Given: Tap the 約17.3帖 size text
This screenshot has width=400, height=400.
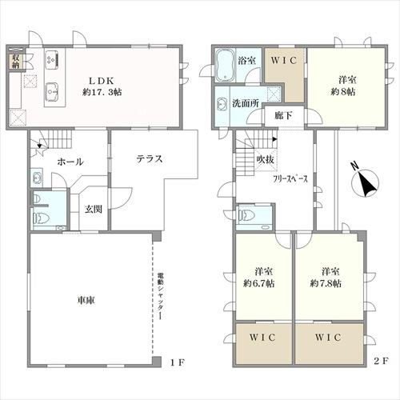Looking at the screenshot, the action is [x=102, y=92].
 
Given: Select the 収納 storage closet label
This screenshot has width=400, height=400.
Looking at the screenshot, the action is [x=15, y=61].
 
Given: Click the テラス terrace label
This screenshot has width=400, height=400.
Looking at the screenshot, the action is [x=150, y=159].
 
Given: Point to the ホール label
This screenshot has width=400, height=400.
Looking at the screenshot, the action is [x=70, y=162].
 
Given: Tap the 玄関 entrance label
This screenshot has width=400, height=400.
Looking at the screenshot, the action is [x=94, y=209].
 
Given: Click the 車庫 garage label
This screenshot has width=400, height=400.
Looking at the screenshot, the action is [x=86, y=301].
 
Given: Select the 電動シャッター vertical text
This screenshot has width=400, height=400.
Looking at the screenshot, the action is [x=160, y=295].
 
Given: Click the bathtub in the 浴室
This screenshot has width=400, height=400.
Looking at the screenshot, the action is [x=225, y=66].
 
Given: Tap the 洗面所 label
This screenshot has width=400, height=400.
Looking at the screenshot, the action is [x=246, y=103].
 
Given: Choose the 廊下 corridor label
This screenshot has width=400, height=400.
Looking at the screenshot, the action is [x=283, y=116].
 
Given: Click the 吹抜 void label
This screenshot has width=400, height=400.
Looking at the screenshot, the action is [x=265, y=159].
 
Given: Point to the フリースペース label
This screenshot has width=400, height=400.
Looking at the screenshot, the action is [x=290, y=178].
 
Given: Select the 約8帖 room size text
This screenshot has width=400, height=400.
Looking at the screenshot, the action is [x=343, y=92].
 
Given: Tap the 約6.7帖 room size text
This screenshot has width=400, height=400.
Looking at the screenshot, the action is [x=258, y=283].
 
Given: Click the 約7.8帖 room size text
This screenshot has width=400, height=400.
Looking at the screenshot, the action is [x=326, y=283].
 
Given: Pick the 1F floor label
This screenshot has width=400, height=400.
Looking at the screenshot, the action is [x=178, y=362].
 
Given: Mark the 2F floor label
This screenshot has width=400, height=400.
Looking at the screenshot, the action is [x=381, y=361].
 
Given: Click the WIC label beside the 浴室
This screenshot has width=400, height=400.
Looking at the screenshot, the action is [x=284, y=61].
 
